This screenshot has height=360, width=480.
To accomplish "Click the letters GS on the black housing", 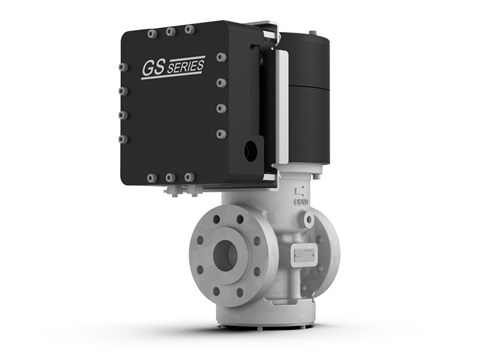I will click(152, 71).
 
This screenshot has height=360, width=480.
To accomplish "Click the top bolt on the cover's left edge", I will click(121, 67).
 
